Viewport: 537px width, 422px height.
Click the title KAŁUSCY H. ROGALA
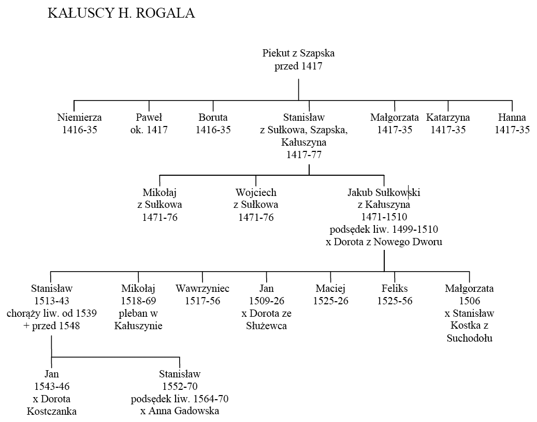tap(121, 13)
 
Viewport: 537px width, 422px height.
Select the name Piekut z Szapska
tap(298, 53)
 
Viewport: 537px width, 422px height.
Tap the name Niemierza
tap(79, 117)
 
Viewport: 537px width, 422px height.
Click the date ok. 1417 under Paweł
tap(149, 130)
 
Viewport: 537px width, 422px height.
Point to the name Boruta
tap(213, 117)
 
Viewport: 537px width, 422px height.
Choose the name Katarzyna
tap(448, 118)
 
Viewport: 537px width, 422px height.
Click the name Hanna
tap(512, 117)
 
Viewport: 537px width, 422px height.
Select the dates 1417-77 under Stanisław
tap(304, 155)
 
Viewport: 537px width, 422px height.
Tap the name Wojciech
tap(256, 193)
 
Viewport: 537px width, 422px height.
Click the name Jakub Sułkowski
tap(384, 192)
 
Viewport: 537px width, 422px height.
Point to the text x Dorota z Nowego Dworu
tap(384, 242)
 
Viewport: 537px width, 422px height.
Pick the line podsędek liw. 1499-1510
tap(384, 229)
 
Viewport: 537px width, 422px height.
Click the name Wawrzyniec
tap(202, 289)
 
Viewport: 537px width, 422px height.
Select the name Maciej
tap(330, 289)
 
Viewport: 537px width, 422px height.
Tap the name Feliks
tap(395, 288)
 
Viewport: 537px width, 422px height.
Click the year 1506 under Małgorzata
tap(470, 301)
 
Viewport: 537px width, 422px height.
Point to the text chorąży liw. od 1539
tap(52, 313)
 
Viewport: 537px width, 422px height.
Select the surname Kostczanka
tap(52, 411)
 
